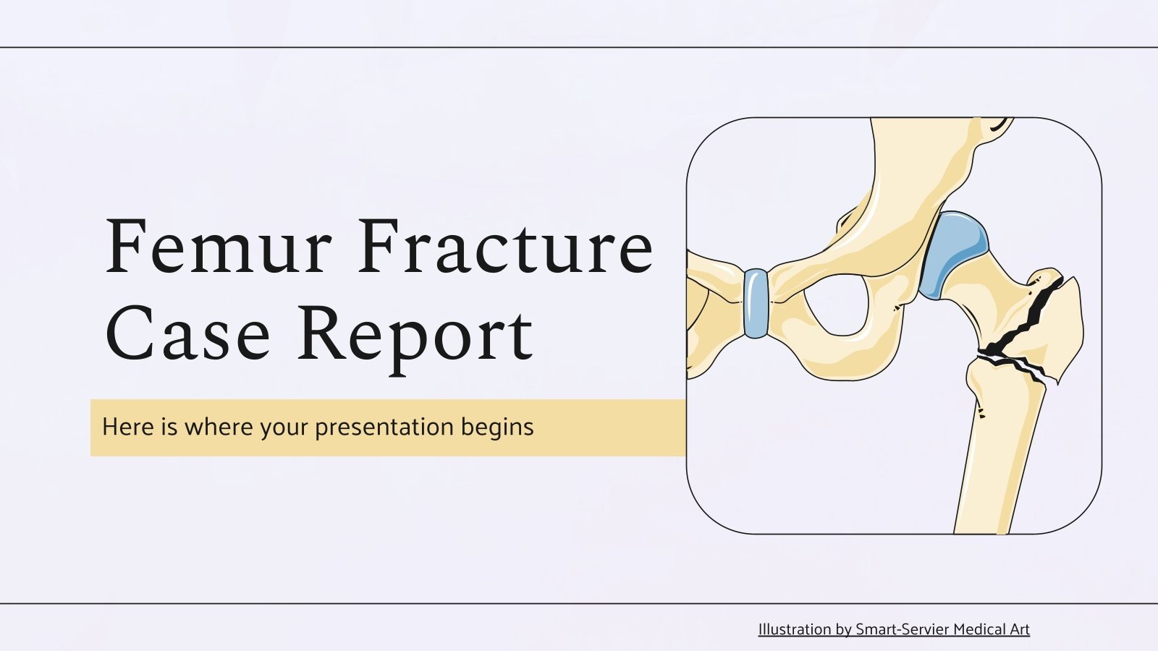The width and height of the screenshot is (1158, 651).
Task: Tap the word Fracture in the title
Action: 506,247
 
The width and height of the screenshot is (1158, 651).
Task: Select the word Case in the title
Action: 187,334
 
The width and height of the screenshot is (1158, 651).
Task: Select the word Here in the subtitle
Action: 128,427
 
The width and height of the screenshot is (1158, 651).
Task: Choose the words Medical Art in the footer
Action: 991,629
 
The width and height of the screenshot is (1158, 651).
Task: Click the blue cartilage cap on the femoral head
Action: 953,253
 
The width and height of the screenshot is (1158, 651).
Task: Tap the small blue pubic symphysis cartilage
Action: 756,303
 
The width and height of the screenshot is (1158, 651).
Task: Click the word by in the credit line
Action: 843,629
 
